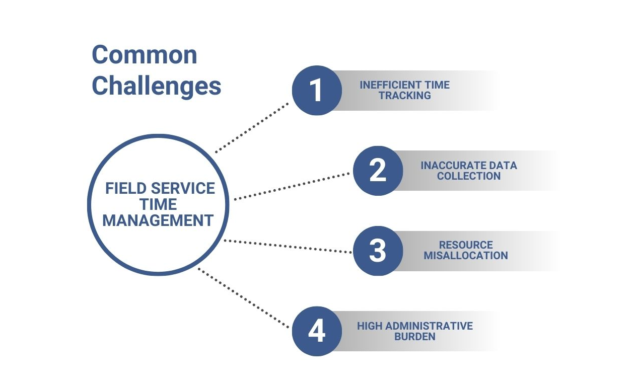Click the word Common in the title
[x=144, y=54]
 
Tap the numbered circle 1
[x=317, y=91]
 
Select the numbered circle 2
[x=378, y=171]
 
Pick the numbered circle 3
[x=378, y=251]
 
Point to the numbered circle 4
[x=317, y=331]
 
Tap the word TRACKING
[x=405, y=96]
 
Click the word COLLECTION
[x=468, y=176]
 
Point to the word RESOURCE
[x=466, y=245]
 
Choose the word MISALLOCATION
[x=465, y=256]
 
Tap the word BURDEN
[x=415, y=337]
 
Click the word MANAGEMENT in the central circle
[x=158, y=220]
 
